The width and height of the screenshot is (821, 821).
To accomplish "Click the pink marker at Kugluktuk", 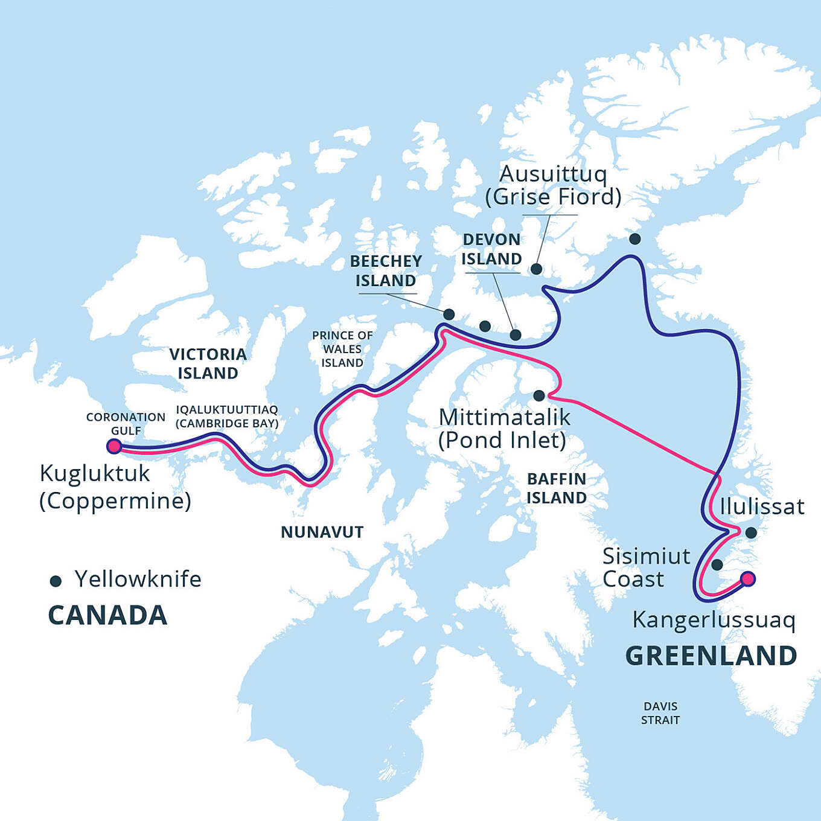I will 113,446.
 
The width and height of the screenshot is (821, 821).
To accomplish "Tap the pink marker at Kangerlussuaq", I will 747,579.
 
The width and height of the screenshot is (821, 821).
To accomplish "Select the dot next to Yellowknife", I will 56,581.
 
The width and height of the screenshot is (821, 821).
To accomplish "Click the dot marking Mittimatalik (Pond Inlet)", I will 539,395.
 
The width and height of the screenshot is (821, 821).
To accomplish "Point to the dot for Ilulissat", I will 751,532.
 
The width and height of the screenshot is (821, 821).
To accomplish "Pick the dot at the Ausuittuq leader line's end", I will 536,269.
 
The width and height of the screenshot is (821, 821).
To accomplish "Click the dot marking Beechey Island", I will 449,314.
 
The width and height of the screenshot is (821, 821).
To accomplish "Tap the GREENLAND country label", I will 711,656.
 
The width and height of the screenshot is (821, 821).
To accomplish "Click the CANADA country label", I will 107,616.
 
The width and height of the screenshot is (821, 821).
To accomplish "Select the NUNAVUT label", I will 322,532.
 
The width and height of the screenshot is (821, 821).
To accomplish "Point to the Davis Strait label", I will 660,713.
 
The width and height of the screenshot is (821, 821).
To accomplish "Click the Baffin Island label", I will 556,488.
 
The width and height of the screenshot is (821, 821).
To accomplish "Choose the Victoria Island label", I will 208,363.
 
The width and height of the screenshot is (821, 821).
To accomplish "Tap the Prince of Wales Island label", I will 342,349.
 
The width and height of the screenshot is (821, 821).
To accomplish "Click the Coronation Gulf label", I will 126,424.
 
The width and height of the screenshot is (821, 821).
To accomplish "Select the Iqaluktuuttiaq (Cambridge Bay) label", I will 227,417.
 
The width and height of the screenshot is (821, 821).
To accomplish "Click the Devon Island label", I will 491,249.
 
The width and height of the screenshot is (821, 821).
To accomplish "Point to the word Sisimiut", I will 646,556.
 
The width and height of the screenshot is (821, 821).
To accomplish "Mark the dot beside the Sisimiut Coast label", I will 717,564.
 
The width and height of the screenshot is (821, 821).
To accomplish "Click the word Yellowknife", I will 138,579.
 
